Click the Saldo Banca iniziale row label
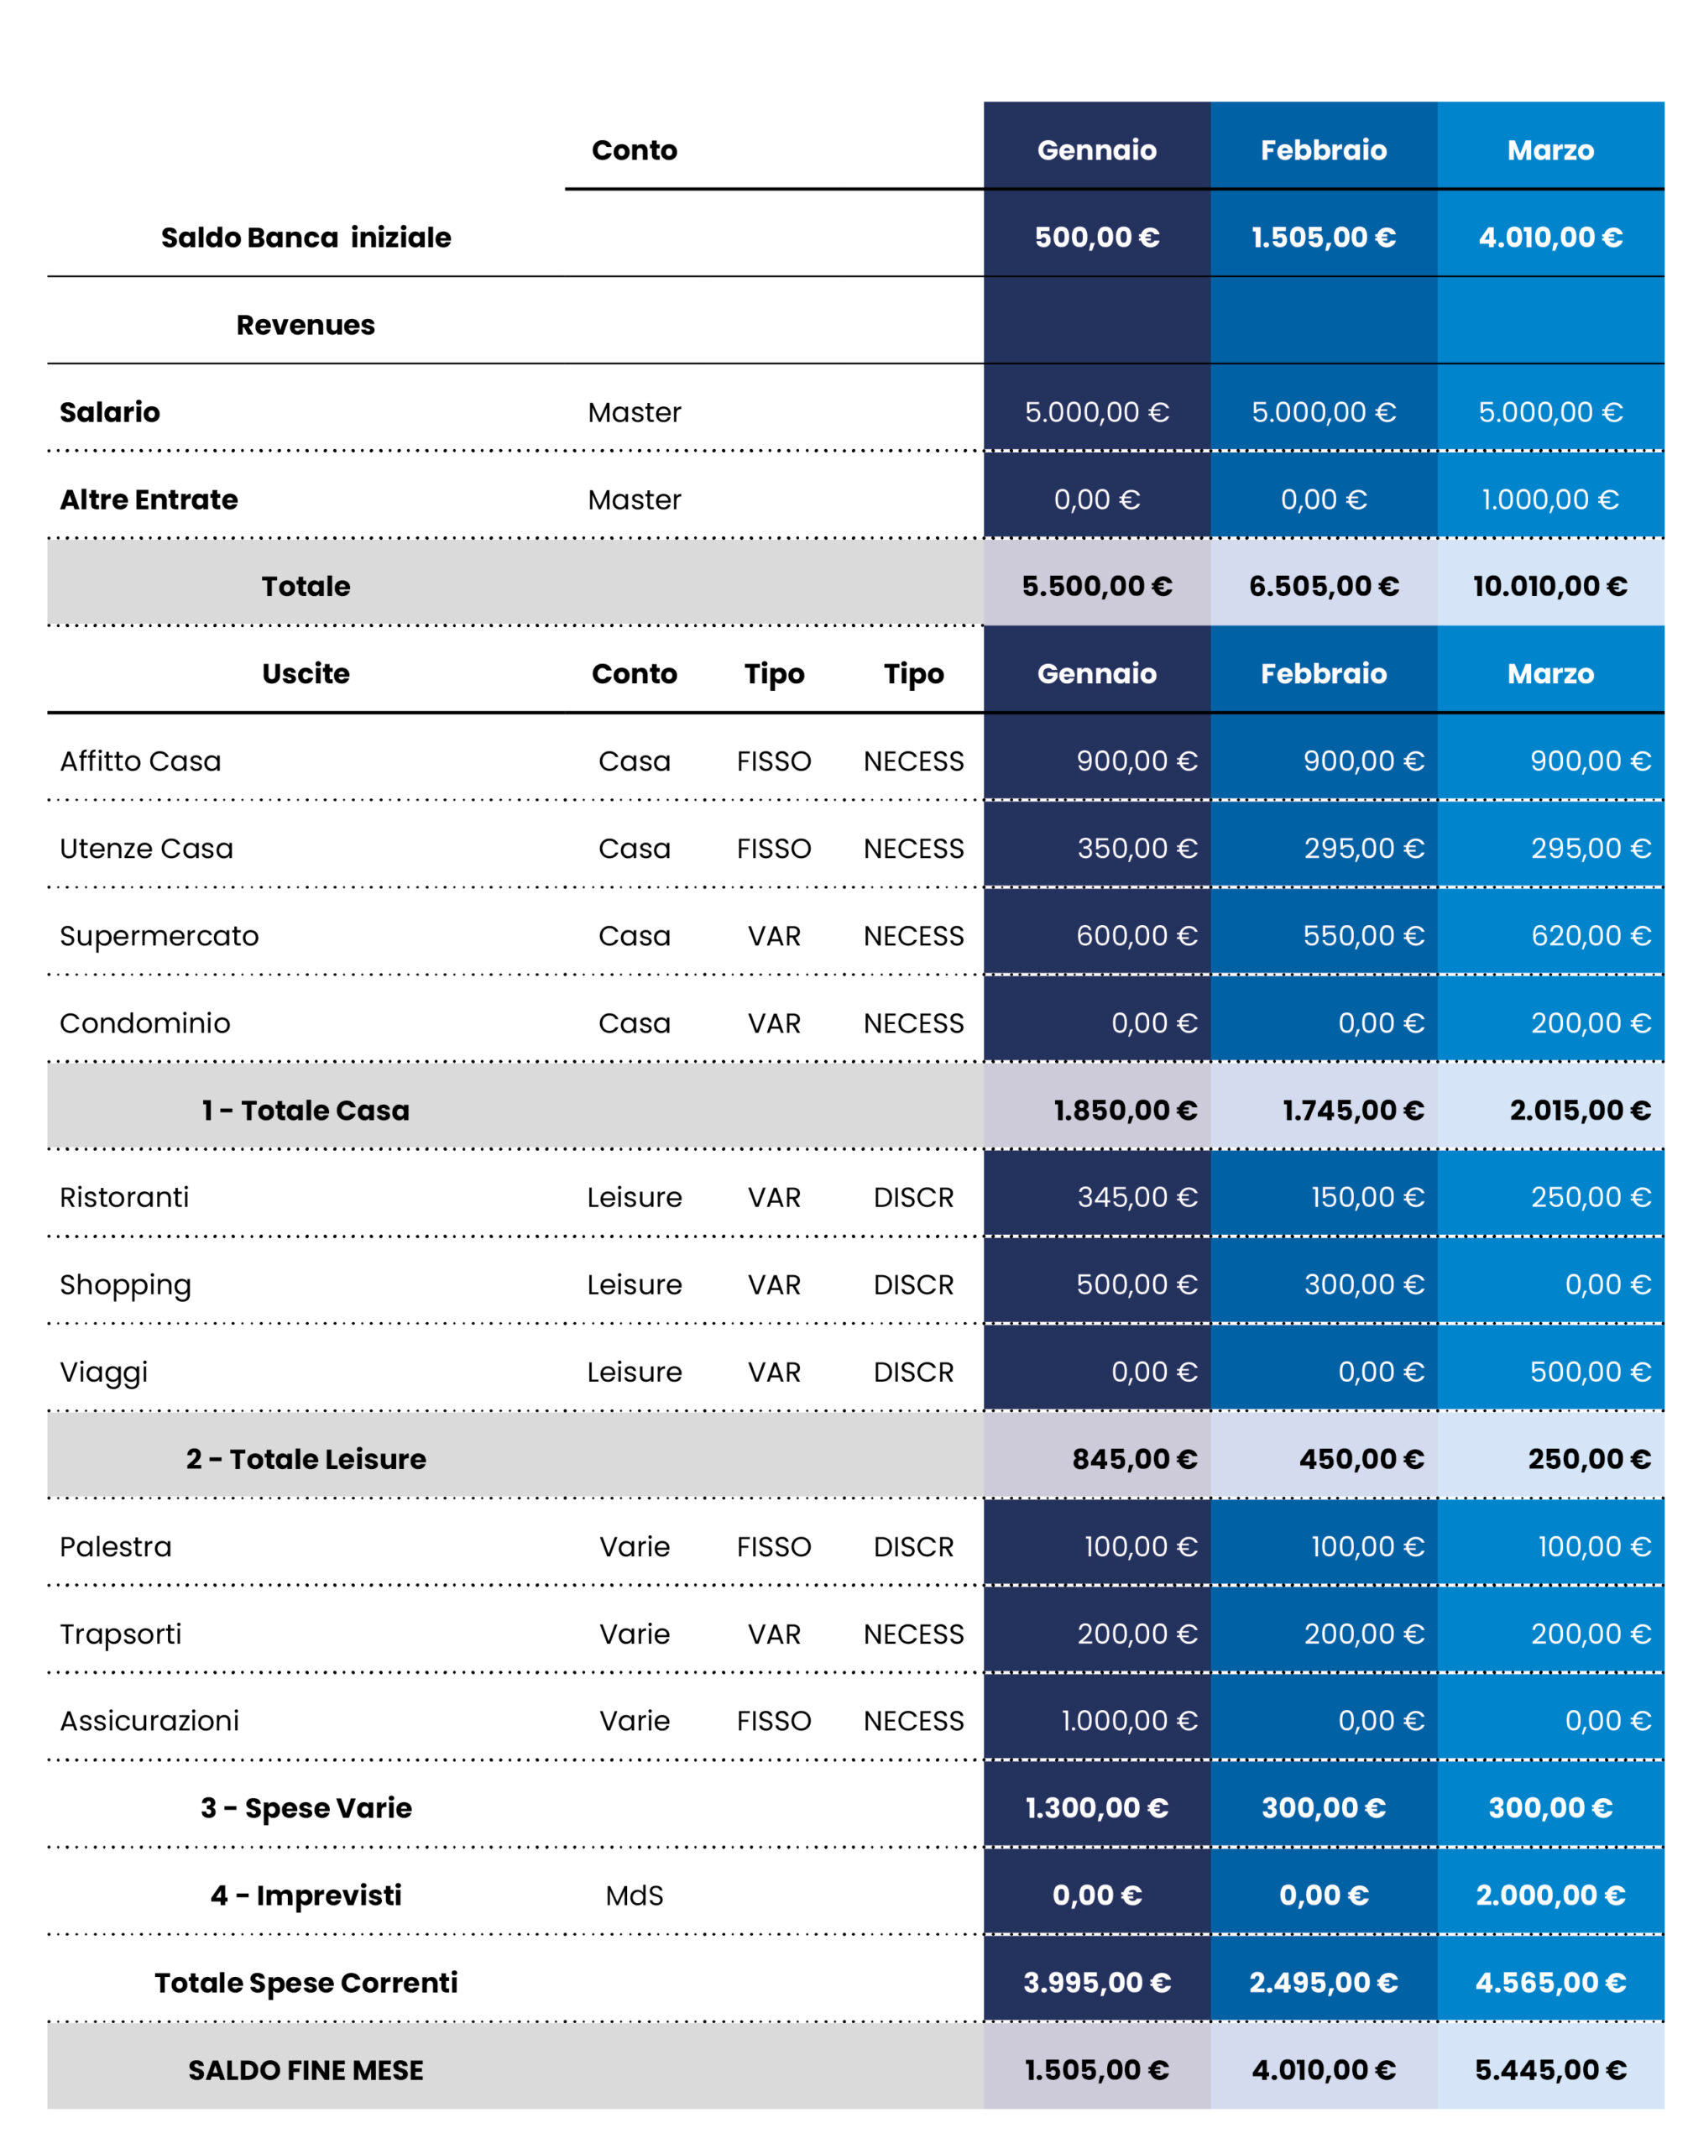306,238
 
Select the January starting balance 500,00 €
1096,238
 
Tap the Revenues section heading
306,325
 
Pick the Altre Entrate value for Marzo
1550,499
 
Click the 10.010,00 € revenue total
1550,587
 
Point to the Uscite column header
306,674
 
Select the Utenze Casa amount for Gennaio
1137,849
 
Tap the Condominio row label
144,1023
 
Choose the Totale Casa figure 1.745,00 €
1353,1111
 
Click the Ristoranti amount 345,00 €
1137,1197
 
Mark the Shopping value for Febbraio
1364,1284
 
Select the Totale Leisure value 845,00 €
1135,1459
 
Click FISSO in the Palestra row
774,1547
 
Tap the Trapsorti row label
121,1634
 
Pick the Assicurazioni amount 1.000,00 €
1129,1721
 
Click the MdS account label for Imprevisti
635,1896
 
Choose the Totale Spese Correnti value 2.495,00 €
1324,1983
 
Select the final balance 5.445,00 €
1550,2070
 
